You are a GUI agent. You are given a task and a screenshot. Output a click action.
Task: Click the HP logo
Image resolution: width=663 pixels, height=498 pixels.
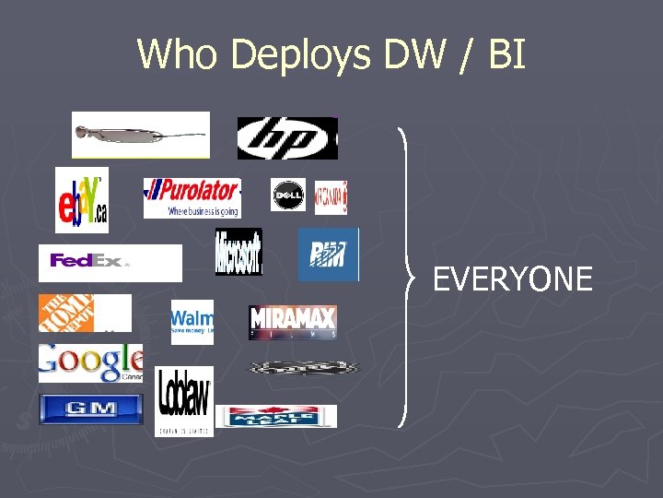(x=287, y=138)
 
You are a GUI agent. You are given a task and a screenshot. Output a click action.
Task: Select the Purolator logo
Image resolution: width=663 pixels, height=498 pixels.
(x=192, y=197)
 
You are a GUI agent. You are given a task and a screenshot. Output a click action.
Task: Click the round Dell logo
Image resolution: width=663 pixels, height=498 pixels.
(x=288, y=196)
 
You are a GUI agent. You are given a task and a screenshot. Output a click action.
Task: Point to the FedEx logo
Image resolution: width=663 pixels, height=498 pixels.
(x=110, y=262)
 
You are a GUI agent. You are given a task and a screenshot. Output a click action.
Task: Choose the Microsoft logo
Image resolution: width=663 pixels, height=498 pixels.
(x=238, y=252)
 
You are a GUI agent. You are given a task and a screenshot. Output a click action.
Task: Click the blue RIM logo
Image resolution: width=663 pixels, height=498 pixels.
(x=328, y=255)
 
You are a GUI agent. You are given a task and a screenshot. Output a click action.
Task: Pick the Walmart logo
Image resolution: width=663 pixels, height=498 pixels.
(x=192, y=322)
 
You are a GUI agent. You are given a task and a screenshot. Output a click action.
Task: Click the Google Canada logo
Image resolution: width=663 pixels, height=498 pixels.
(x=90, y=362)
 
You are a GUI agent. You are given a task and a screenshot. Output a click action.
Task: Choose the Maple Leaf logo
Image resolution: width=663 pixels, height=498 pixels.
(x=276, y=416)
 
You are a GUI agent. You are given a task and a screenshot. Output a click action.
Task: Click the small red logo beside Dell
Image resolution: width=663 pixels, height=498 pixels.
(x=331, y=196)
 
